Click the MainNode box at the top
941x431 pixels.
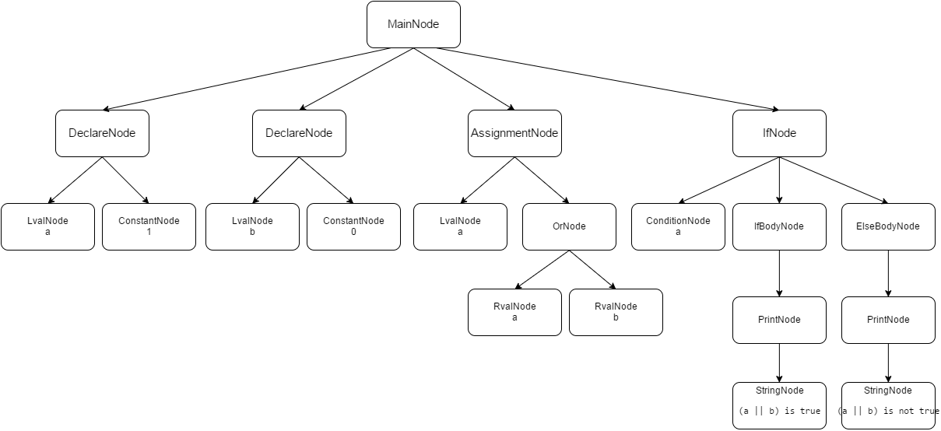(x=413, y=24)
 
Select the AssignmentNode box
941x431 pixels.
(x=514, y=133)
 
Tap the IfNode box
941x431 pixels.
(x=779, y=133)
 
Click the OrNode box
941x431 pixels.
(x=569, y=226)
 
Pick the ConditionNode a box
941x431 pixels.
(x=678, y=226)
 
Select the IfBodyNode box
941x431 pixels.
(x=779, y=226)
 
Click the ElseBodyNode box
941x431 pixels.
(x=888, y=226)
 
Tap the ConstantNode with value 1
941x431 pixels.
(x=149, y=226)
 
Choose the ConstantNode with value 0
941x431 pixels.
(x=353, y=226)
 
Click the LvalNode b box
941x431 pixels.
(x=252, y=226)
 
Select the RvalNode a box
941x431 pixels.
(x=514, y=312)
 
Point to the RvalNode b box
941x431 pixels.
(x=616, y=312)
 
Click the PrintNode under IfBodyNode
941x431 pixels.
(x=779, y=320)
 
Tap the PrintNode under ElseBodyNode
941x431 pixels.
(x=888, y=320)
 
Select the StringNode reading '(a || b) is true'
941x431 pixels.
(x=779, y=405)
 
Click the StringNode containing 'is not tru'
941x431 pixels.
(x=888, y=405)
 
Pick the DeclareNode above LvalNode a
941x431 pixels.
(x=102, y=133)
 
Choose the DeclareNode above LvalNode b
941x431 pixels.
(x=299, y=133)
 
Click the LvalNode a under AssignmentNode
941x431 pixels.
(x=460, y=226)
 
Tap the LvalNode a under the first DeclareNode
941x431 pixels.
(x=47, y=226)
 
